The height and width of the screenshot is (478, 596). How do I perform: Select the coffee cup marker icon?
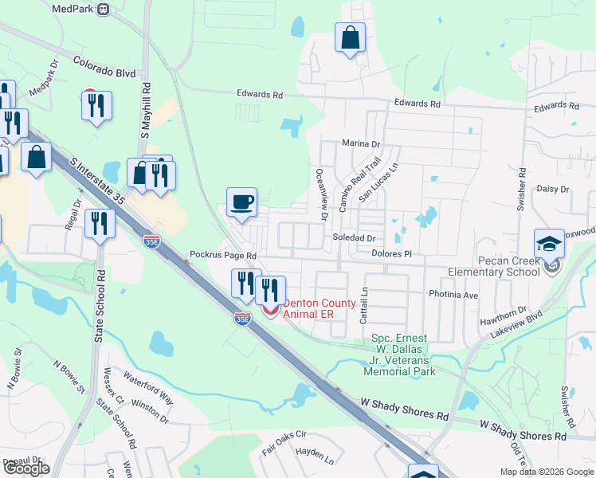pos(241,202)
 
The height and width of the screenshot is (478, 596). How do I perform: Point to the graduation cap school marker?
pos(549,244)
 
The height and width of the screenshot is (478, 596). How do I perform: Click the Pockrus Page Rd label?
pos(222,256)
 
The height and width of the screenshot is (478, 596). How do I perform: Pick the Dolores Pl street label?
pos(390,253)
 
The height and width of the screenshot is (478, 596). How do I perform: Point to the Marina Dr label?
pos(361,144)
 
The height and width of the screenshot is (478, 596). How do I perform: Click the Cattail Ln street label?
pos(364,304)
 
